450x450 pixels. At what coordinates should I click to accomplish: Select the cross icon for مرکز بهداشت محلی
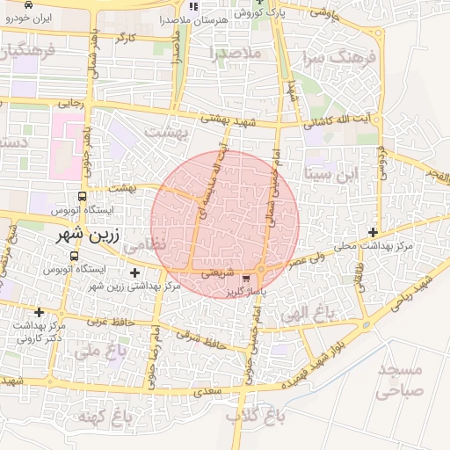pyautogui.click(x=374, y=233)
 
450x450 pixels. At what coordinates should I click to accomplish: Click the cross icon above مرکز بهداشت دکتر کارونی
pyautogui.click(x=39, y=312)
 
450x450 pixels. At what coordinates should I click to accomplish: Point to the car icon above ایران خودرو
pyautogui.click(x=29, y=5)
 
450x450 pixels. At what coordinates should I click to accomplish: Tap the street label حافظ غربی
pyautogui.click(x=110, y=322)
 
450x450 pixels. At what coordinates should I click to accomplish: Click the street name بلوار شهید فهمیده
pyautogui.click(x=312, y=359)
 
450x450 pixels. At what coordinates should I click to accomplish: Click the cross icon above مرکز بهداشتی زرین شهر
pyautogui.click(x=134, y=273)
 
